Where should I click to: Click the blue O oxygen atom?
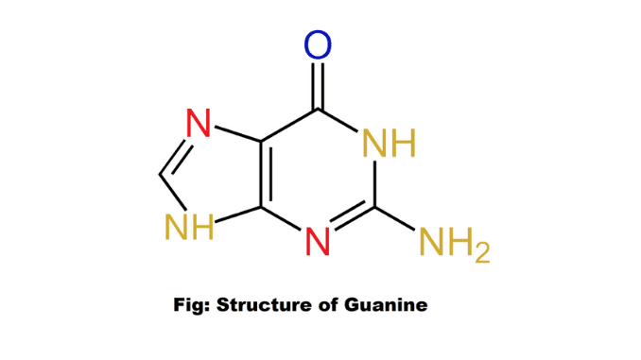coord(319,43)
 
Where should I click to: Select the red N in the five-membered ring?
coord(198,124)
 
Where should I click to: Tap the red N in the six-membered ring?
coord(320,242)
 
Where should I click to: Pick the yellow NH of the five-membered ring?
coord(188,226)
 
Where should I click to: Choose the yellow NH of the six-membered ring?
coord(388,145)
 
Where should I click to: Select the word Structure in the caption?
coord(258,305)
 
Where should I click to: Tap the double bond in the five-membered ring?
coord(172,154)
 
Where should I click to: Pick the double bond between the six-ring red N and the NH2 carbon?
coord(352,222)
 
